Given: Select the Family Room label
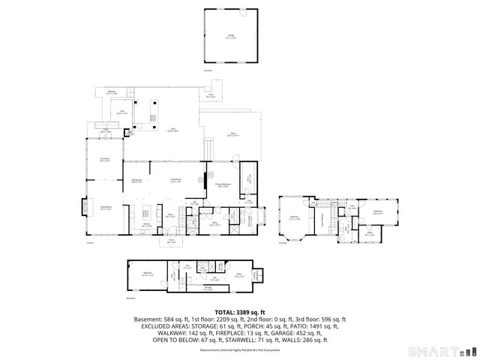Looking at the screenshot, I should click(96, 208).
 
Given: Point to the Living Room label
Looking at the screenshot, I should click(175, 181).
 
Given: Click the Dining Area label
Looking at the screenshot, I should click(137, 181).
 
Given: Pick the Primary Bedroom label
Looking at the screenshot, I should click(223, 184).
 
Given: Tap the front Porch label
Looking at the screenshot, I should click(171, 241).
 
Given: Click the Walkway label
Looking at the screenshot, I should click(112, 92).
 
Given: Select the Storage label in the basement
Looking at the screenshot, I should click(207, 287).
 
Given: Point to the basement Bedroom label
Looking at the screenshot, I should click(148, 274).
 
